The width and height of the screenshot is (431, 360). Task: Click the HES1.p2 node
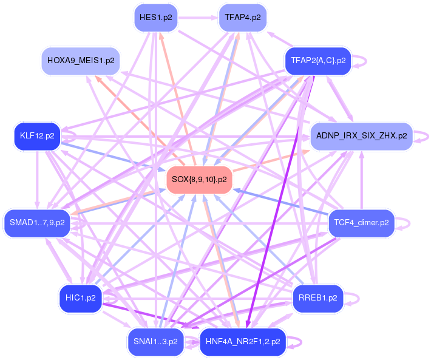[155, 18]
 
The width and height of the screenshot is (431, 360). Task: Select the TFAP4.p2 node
[243, 18]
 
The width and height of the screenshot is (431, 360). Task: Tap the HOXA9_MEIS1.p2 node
[81, 61]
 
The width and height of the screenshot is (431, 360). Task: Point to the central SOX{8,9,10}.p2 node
[199, 180]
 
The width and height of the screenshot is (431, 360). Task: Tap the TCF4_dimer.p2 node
[361, 223]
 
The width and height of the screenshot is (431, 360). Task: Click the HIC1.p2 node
[80, 298]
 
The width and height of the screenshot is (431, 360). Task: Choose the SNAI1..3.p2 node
[155, 342]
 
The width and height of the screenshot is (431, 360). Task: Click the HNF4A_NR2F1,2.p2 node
[243, 342]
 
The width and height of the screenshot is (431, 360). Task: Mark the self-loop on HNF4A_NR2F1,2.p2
[297, 342]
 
